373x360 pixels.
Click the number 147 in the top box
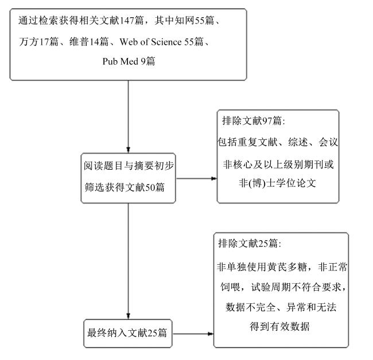pos(127,21)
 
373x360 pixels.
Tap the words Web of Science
pos(150,42)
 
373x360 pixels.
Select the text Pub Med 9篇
pos(129,61)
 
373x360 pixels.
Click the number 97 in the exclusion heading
pos(267,120)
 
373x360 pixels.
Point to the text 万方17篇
pos(39,42)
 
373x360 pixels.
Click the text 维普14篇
pos(89,42)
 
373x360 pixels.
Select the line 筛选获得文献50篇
pos(125,187)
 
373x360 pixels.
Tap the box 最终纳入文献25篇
pos(128,333)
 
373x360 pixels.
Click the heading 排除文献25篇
pos(250,243)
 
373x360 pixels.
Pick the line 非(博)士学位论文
pos(277,183)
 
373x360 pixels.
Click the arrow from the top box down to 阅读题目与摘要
pos(128,116)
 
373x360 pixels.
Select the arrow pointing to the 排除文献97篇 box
pos(196,178)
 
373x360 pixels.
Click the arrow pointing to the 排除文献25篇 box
pos(193,334)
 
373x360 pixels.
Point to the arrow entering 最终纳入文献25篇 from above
pos(128,261)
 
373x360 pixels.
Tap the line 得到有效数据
pos(280,327)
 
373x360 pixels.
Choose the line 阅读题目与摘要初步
pos(129,166)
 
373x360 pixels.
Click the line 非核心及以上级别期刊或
pos(278,165)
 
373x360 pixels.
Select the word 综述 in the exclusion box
pos(298,142)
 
